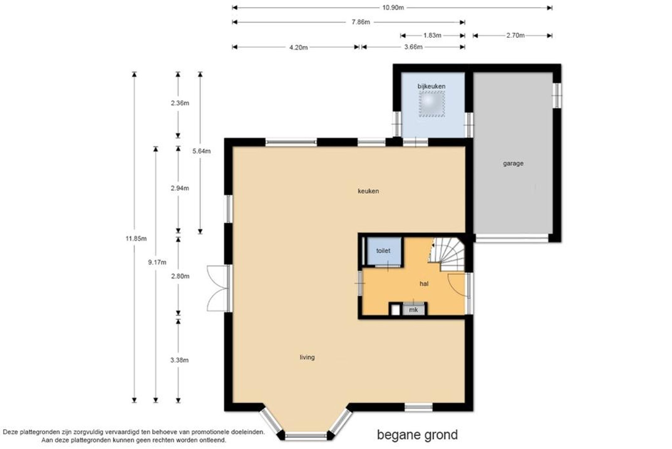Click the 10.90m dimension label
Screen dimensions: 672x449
[393, 8]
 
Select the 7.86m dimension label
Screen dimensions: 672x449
[361, 22]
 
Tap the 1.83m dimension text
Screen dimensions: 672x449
[432, 36]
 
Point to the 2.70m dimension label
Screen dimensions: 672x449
[516, 36]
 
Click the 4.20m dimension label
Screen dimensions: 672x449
[299, 47]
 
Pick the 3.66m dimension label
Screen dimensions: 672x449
[413, 47]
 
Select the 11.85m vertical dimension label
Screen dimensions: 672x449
[136, 239]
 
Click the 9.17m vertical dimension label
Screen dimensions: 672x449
[157, 262]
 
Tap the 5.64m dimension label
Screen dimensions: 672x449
[201, 151]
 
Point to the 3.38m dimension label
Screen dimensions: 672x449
[180, 360]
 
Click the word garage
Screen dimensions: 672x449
[513, 163]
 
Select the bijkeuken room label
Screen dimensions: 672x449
[432, 86]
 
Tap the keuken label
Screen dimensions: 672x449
[368, 191]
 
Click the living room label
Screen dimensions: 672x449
[307, 357]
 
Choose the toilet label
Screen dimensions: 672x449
[383, 251]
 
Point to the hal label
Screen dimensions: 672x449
[424, 284]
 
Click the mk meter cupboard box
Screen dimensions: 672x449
[413, 310]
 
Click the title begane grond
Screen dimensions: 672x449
[418, 435]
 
